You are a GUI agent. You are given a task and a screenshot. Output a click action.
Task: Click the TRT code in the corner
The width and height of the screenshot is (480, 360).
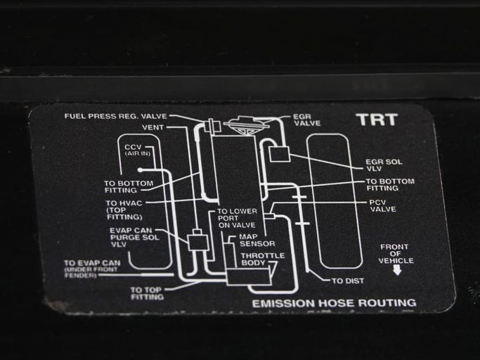(377, 120)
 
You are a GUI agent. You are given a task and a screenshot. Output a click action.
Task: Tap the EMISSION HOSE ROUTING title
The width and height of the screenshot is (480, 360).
(334, 303)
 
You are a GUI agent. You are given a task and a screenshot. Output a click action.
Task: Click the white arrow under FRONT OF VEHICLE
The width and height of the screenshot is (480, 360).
(397, 270)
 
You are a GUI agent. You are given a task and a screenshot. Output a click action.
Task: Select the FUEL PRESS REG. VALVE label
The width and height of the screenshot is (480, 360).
(116, 116)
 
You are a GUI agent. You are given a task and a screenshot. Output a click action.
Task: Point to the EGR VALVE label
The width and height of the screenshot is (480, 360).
(306, 120)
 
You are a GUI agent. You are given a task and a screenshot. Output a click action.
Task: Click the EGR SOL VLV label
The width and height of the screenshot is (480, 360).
(384, 165)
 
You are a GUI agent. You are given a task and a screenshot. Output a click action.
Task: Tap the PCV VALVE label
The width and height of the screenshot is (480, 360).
(382, 206)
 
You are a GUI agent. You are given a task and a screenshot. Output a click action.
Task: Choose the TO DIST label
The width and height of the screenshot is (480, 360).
(348, 281)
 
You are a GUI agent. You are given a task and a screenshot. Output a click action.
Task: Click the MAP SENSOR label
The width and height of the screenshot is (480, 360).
(257, 240)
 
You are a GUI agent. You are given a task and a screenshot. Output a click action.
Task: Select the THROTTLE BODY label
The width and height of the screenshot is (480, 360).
(263, 259)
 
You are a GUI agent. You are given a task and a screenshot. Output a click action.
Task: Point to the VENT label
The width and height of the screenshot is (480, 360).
(153, 127)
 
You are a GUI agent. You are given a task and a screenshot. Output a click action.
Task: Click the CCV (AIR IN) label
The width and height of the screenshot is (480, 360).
(138, 150)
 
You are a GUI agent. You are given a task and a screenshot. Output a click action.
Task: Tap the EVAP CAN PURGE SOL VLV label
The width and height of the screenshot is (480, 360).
(134, 237)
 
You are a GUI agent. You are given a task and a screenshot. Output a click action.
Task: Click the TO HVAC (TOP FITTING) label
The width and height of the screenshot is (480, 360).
(124, 210)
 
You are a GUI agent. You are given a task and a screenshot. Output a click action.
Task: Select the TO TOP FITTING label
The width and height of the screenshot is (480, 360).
(147, 293)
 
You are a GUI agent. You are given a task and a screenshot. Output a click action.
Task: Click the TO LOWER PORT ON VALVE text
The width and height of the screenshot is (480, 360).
(237, 218)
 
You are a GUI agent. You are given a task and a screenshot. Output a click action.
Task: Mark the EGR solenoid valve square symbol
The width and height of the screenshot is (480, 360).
(279, 154)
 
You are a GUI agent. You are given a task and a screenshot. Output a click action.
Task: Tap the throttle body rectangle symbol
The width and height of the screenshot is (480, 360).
(249, 276)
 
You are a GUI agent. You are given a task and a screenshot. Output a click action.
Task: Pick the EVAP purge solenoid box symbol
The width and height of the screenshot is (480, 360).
(197, 243)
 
